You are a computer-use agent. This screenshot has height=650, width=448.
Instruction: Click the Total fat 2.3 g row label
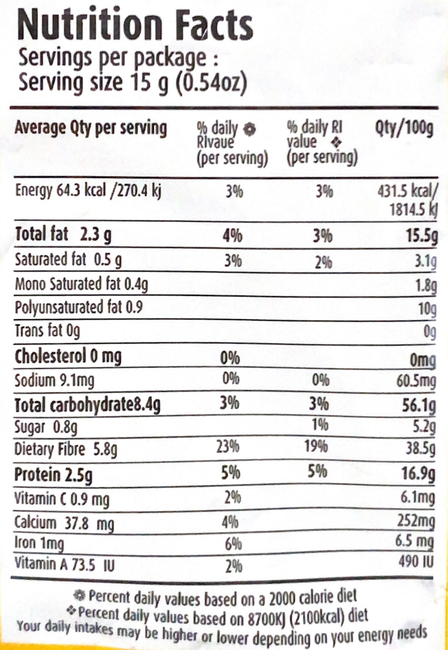click(63, 235)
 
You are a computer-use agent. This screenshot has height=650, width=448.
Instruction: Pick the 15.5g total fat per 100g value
click(422, 236)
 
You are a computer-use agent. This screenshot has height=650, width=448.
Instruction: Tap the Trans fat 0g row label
click(47, 331)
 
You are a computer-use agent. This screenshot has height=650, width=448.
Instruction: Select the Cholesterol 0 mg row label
click(68, 356)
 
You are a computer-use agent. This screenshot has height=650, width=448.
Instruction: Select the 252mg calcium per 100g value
click(416, 521)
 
